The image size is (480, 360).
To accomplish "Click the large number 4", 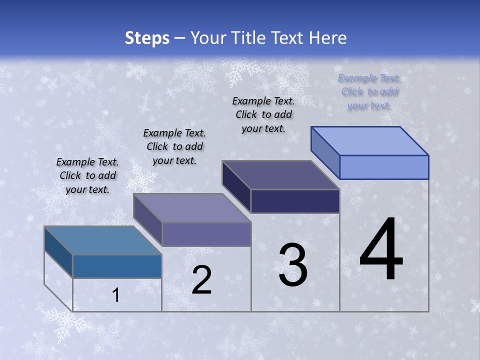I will point(381,249).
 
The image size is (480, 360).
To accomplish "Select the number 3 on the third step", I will point(293,265).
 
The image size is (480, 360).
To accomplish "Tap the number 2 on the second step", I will point(202,280).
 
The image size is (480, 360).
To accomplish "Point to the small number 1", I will point(116,295).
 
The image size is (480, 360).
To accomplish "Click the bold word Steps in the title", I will point(147,38).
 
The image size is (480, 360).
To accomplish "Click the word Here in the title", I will point(328,38).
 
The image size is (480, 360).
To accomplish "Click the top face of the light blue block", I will point(370,141).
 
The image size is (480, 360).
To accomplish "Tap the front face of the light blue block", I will point(384,167).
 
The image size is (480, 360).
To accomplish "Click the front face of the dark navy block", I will point(295,201).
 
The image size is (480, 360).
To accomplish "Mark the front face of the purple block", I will point(206,234).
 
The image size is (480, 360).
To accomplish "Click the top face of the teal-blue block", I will point(103,240).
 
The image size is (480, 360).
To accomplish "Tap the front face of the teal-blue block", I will point(117,266).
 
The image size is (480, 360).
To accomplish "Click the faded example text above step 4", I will point(369,92).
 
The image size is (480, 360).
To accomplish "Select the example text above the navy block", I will point(263,114).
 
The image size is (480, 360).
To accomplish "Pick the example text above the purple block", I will point(174,146).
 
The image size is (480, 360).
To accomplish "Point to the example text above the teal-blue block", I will point(87,175).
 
